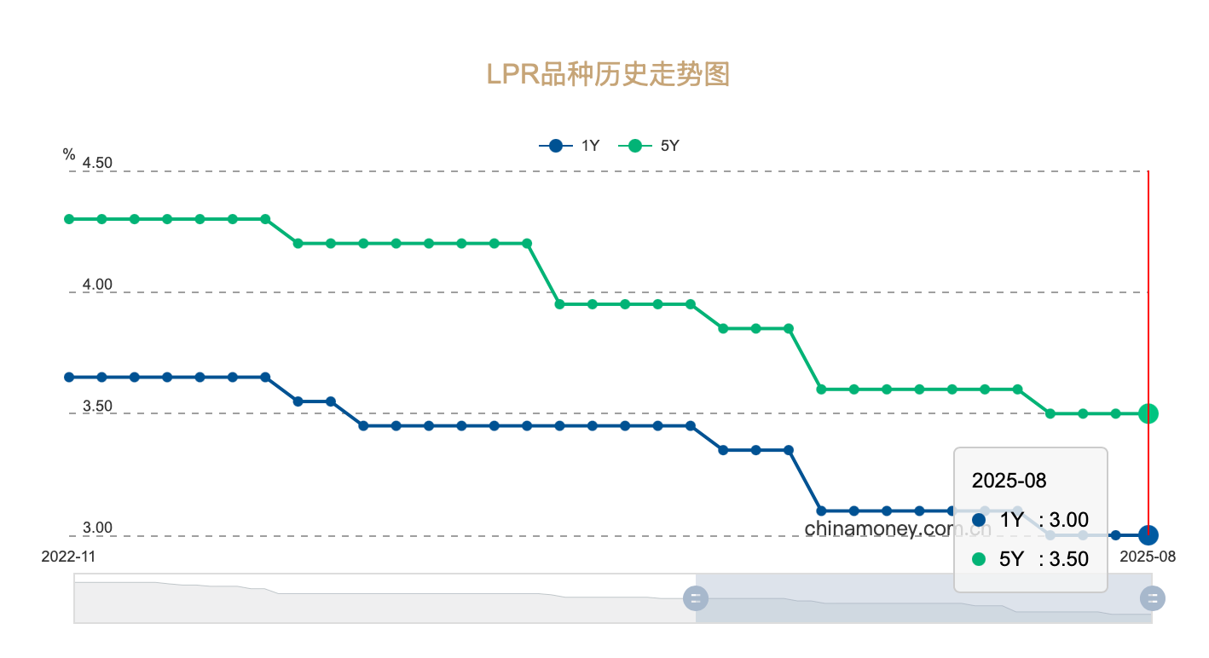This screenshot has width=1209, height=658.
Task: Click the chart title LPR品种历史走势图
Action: click(608, 74)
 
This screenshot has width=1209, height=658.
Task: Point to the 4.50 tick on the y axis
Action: click(97, 163)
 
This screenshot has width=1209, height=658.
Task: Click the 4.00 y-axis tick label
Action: click(97, 285)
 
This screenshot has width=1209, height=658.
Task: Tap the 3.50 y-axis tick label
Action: click(97, 406)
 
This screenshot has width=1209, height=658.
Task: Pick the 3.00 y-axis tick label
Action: click(97, 528)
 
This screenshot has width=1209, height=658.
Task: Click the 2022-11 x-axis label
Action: click(69, 556)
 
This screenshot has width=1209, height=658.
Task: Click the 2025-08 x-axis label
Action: click(1148, 556)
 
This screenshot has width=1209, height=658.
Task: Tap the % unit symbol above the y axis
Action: click(69, 154)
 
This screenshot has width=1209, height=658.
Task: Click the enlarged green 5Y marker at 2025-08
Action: click(1148, 413)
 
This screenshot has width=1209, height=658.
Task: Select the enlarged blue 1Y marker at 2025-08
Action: click(1148, 535)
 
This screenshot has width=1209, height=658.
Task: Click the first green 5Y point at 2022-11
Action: click(69, 219)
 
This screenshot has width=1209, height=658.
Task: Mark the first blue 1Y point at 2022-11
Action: click(69, 377)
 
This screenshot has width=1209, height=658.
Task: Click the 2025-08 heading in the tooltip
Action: click(1009, 480)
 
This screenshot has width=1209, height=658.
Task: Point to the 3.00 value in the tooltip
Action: click(1068, 520)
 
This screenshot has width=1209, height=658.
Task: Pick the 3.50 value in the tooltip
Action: click(1068, 559)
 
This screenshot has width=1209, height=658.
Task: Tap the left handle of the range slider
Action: click(696, 597)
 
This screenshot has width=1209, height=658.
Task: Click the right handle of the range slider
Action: click(1153, 597)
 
